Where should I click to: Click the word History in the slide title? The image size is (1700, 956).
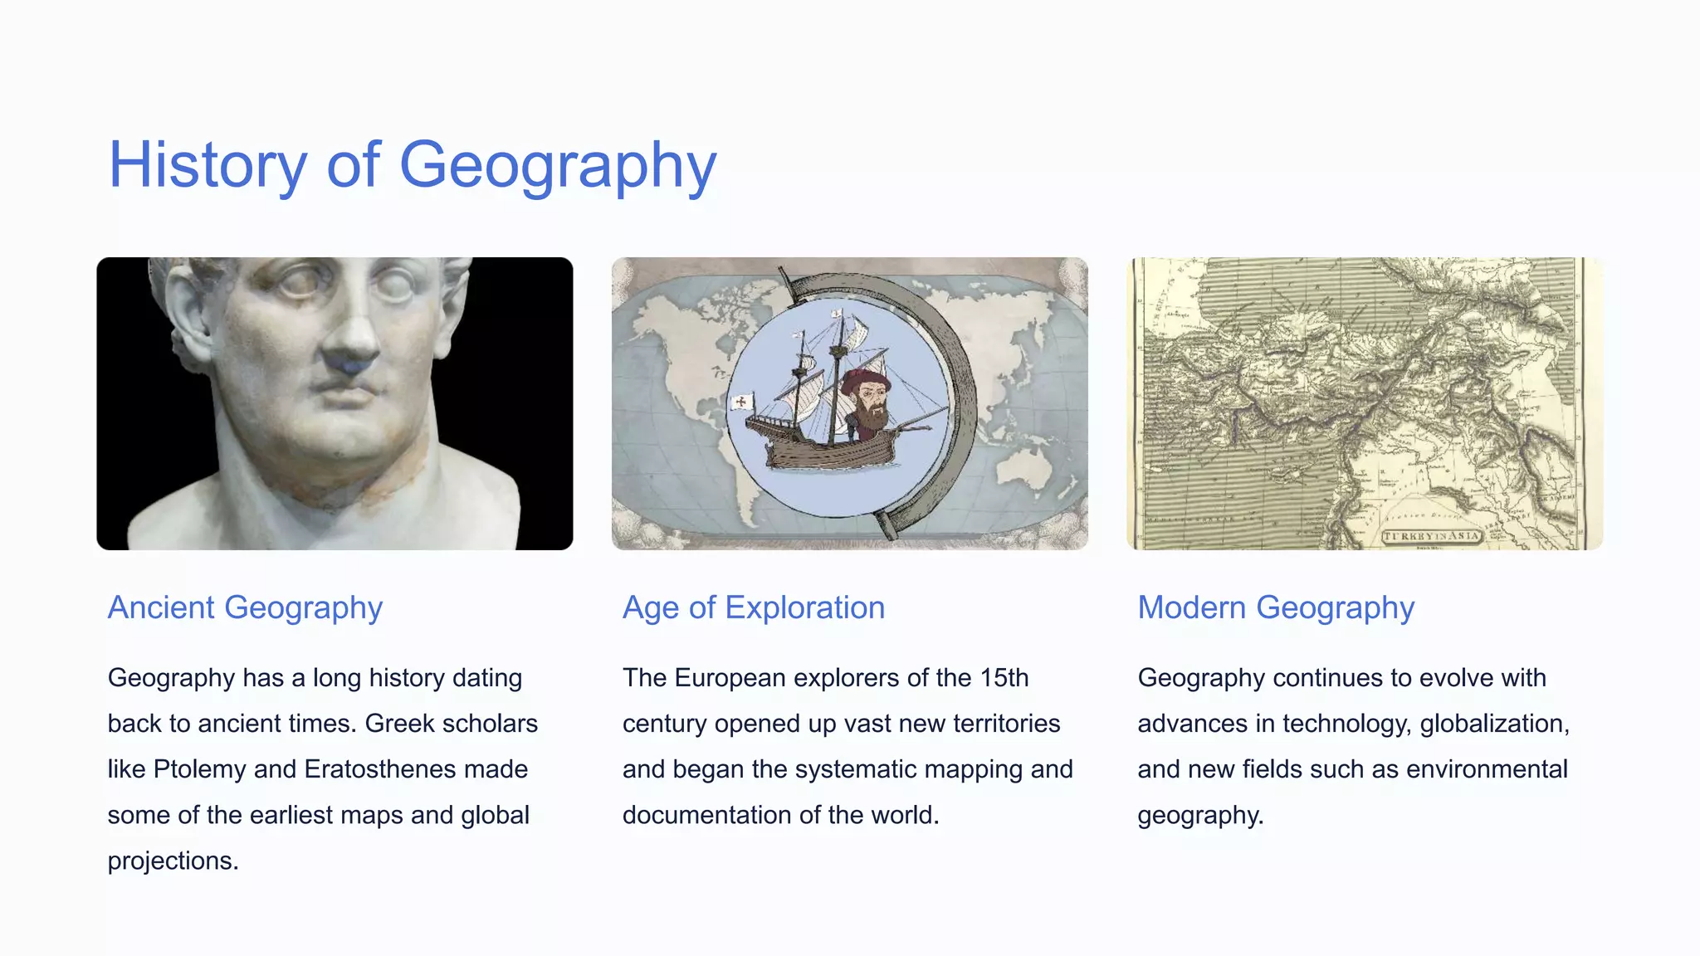208,165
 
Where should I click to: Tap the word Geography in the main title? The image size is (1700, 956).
558,165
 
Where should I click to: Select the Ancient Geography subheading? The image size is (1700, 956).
245,607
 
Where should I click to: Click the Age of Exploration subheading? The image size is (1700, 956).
754,607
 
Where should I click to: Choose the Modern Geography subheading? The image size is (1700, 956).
1276,607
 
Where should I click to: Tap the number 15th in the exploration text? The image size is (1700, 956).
1004,678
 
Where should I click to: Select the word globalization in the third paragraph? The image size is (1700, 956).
1494,724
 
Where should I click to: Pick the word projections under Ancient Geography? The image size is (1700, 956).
173,861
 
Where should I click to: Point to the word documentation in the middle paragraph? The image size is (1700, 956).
707,815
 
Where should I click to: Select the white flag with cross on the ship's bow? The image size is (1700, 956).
740,402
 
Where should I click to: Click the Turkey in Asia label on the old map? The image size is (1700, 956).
1431,536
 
